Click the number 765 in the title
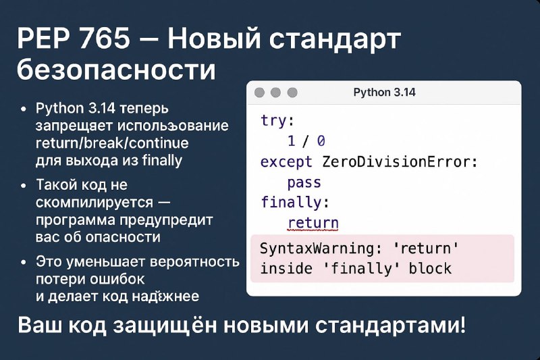pyautogui.click(x=105, y=38)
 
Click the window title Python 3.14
pyautogui.click(x=384, y=93)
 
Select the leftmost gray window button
pyautogui.click(x=259, y=93)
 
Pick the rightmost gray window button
pyautogui.click(x=292, y=93)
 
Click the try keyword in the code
pyautogui.click(x=273, y=121)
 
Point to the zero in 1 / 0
pyautogui.click(x=321, y=141)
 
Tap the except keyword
pyautogui.click(x=286, y=162)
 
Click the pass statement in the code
pyautogui.click(x=304, y=182)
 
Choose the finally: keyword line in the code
pyautogui.click(x=295, y=202)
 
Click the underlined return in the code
pyautogui.click(x=313, y=224)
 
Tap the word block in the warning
pyautogui.click(x=430, y=269)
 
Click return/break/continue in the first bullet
pyautogui.click(x=112, y=143)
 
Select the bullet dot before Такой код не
pyautogui.click(x=24, y=186)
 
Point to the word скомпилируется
pyautogui.click(x=94, y=203)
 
